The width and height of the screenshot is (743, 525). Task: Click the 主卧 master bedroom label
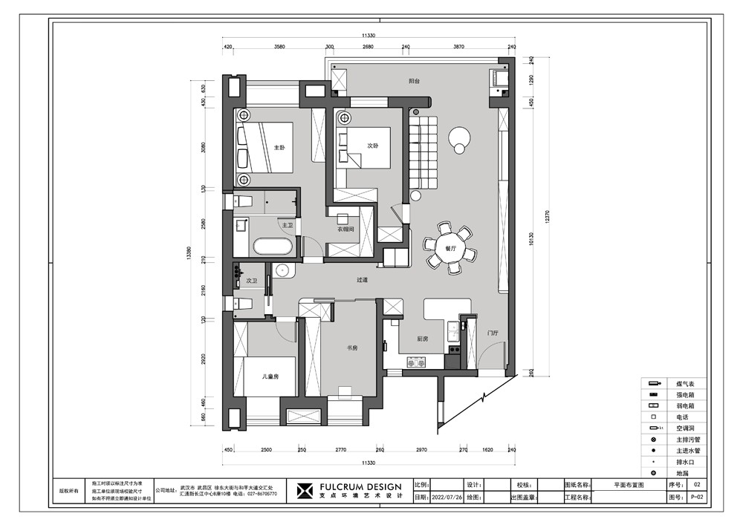point(279,148)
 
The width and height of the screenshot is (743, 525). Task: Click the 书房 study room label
point(353,348)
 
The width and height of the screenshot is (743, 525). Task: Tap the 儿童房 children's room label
point(270,377)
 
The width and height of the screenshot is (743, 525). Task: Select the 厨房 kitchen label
point(422,339)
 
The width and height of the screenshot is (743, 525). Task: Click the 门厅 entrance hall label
point(492,333)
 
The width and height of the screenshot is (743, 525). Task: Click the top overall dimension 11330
point(369,36)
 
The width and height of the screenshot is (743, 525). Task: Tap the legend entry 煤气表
point(684,383)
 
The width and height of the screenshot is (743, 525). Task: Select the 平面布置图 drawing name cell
point(629,483)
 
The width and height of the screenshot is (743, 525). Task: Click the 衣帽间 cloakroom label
point(345,230)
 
